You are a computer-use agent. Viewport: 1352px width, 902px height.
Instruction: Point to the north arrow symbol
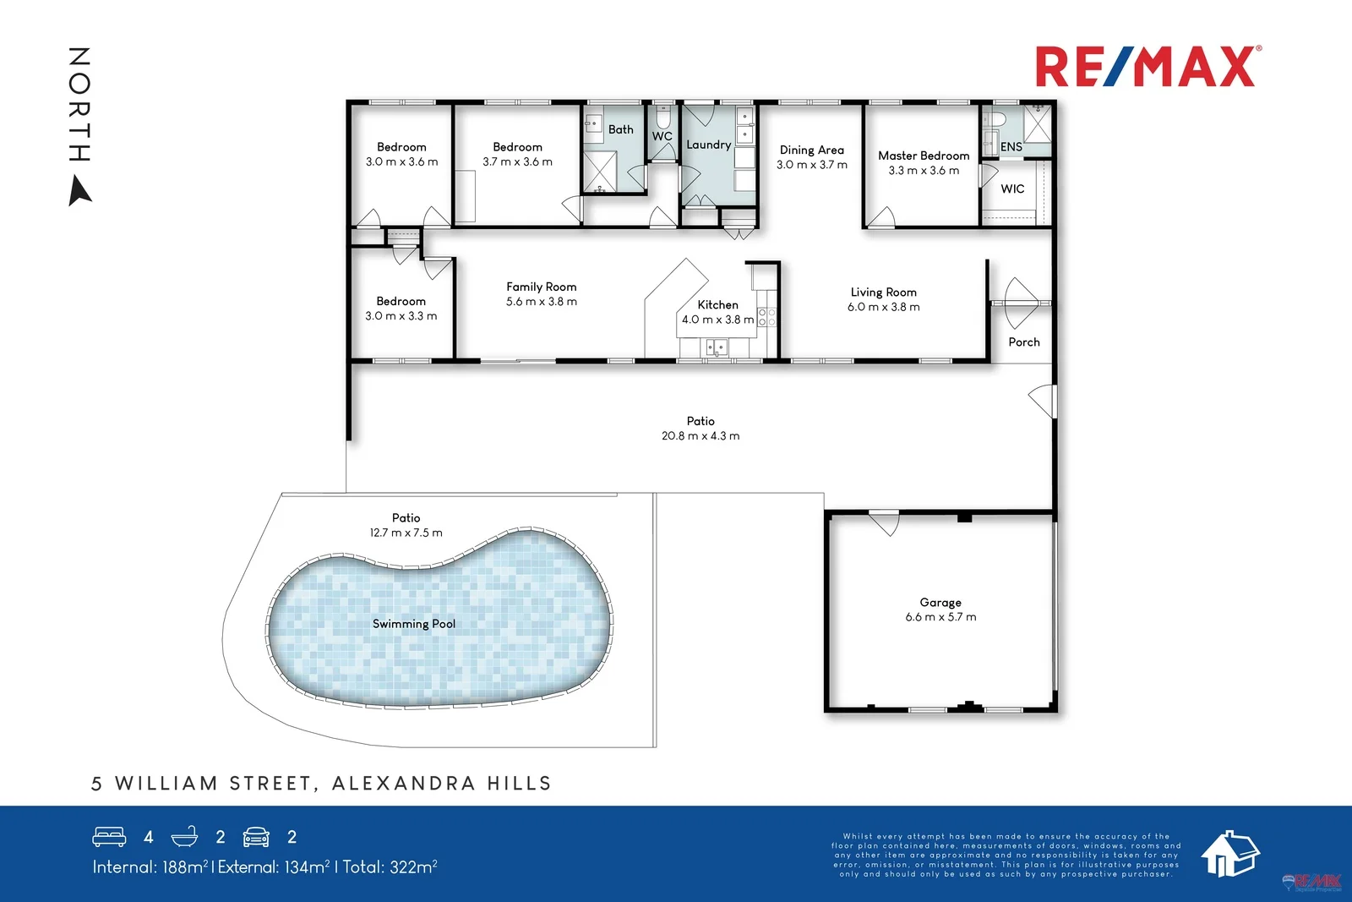click(x=80, y=191)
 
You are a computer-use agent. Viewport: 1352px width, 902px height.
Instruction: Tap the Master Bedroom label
click(x=924, y=156)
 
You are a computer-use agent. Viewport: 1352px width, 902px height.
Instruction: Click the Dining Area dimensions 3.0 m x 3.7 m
click(x=811, y=165)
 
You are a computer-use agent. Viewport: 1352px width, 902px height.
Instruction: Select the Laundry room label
click(x=708, y=145)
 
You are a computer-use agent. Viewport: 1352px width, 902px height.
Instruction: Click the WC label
click(x=662, y=136)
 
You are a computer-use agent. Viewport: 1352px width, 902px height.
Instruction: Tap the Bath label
click(x=620, y=129)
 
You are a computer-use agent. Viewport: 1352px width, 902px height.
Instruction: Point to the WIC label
click(x=1012, y=189)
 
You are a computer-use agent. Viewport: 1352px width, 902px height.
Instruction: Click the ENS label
click(x=1011, y=147)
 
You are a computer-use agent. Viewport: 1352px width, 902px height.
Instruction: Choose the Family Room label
click(x=541, y=287)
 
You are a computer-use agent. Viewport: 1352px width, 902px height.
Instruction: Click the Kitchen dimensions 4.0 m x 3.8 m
click(x=717, y=320)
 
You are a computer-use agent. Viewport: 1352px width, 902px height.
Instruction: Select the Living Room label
click(x=883, y=292)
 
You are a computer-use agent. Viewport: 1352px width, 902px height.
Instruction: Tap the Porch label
click(x=1023, y=342)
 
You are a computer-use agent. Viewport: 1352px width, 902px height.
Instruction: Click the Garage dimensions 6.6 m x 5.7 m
click(x=940, y=617)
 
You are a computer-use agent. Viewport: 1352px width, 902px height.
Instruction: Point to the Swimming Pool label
click(x=413, y=624)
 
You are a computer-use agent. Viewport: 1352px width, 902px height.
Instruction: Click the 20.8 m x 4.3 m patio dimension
click(x=700, y=436)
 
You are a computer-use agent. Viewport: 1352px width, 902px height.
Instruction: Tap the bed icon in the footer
click(x=109, y=837)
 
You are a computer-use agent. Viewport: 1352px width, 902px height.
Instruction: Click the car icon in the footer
click(x=256, y=837)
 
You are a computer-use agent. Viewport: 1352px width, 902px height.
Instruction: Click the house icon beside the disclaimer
click(x=1229, y=853)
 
